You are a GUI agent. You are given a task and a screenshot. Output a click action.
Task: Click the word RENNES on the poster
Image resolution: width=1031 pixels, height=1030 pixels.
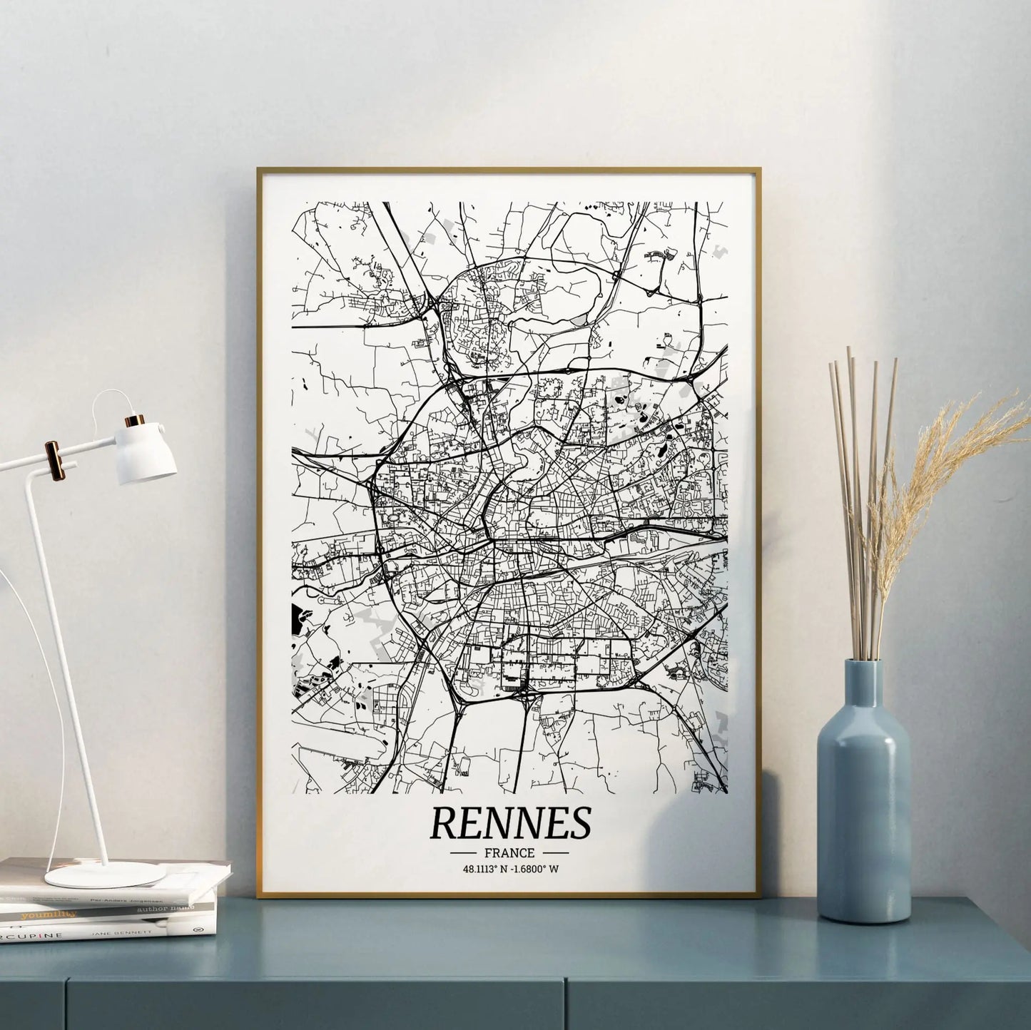(x=510, y=823)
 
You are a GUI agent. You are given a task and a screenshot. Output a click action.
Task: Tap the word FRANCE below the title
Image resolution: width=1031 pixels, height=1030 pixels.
(x=509, y=852)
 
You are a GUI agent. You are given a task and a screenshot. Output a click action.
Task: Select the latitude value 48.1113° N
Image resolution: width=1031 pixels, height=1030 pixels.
(x=486, y=870)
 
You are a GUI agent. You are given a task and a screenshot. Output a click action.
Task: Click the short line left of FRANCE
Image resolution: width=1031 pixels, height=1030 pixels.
(x=464, y=852)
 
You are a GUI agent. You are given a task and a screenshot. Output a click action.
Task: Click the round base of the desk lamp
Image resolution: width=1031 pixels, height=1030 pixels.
(x=104, y=875)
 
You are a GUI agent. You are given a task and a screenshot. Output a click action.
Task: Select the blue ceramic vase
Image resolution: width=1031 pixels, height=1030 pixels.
(x=863, y=820)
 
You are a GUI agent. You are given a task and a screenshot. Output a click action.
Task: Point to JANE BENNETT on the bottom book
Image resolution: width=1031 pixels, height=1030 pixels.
(x=121, y=932)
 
